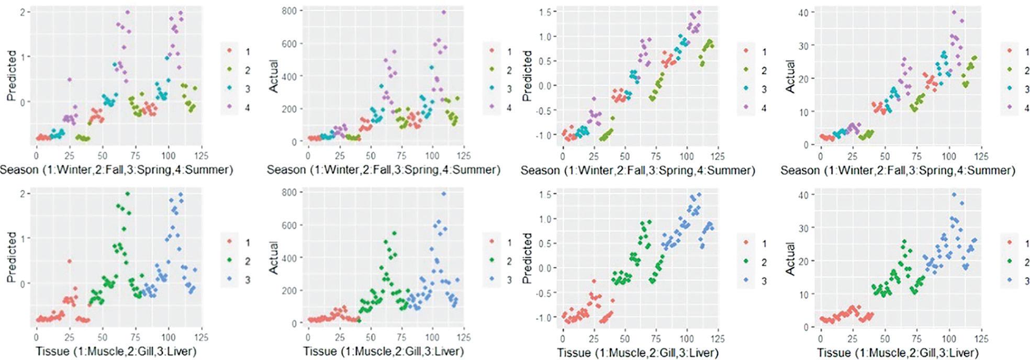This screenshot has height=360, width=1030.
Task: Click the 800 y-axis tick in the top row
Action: tap(289, 10)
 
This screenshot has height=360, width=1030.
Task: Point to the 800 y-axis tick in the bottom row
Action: tap(289, 192)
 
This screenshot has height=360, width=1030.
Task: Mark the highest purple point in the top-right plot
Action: tap(954, 12)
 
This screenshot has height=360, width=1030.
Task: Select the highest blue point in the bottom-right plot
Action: tap(954, 194)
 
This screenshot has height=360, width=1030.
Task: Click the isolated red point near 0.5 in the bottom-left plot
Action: tap(69, 261)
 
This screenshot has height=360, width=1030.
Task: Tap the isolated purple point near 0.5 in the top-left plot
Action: tap(69, 80)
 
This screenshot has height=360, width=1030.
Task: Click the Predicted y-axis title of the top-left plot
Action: tap(12, 75)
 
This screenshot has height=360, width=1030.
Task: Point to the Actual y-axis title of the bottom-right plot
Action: tap(790, 258)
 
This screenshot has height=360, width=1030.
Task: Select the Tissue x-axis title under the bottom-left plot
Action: tap(116, 351)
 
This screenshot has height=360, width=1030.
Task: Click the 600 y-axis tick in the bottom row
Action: tap(289, 225)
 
